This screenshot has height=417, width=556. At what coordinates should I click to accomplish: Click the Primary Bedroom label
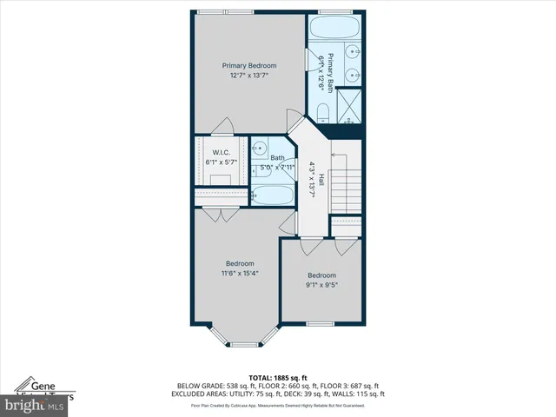(248, 66)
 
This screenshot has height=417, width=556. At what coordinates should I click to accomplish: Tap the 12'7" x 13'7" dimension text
(248, 76)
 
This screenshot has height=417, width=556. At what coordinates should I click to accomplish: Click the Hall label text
(321, 179)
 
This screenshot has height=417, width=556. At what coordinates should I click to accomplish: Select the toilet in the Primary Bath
(322, 111)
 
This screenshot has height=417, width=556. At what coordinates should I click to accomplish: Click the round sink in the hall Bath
(259, 149)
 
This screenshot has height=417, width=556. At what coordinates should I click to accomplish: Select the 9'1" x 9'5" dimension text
(321, 284)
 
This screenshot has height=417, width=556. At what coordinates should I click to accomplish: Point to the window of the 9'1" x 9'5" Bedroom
(320, 324)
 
